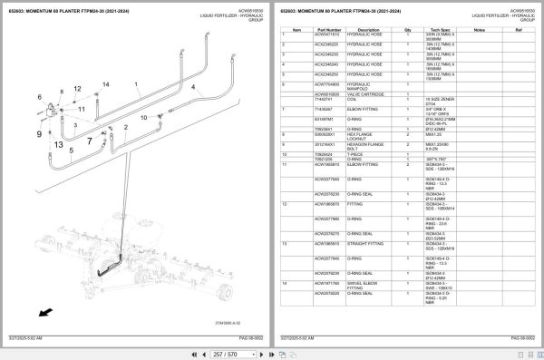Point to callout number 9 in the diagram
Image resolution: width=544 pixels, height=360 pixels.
click(39, 133)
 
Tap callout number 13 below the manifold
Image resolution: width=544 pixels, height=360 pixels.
click(57, 145)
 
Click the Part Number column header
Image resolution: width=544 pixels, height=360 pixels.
click(328, 30)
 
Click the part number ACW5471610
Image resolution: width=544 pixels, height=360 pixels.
click(327, 34)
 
